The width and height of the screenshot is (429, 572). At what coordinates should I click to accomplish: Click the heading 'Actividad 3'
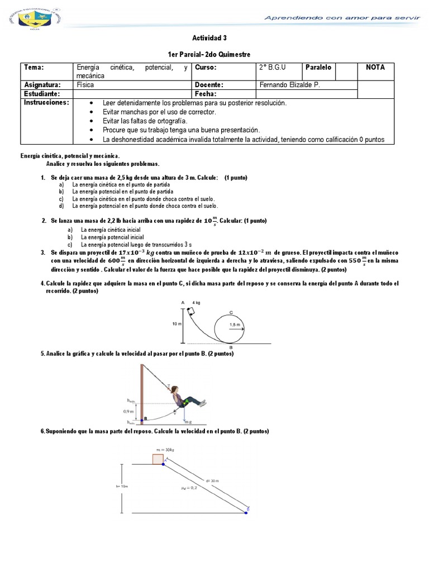click(209, 38)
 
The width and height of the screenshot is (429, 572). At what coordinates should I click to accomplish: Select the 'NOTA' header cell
click(375, 68)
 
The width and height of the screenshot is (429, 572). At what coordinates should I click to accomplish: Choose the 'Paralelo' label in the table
click(318, 68)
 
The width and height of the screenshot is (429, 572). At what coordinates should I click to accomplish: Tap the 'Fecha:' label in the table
click(206, 94)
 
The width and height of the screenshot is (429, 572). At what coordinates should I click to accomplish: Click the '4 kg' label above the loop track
click(197, 302)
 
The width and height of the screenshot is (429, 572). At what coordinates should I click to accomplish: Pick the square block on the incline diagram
click(158, 459)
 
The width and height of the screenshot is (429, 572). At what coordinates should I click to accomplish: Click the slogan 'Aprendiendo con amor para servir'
click(341, 18)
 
